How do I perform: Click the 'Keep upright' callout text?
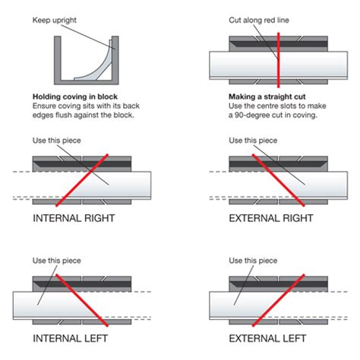coord(55,21)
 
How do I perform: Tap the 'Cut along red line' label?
coord(259,20)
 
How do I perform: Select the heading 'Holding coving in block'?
coord(75,96)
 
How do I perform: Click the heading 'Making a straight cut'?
coord(267,96)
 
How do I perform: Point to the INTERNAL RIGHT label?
coord(74,218)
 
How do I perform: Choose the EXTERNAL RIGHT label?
coord(271,218)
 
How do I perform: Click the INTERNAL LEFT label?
coord(71,338)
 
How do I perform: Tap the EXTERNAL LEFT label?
coord(267,338)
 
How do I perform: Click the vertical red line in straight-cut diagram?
coord(279,60)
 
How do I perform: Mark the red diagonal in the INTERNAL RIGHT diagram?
coord(82,180)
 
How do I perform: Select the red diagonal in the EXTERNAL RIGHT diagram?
coord(278,180)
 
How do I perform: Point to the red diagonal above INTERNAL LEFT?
coord(82,300)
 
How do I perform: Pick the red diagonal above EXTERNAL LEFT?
coord(278,300)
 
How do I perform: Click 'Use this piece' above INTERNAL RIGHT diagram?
coord(57,141)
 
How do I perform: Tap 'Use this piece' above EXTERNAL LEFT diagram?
coord(253,261)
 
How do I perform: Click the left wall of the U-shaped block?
coord(58,60)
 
